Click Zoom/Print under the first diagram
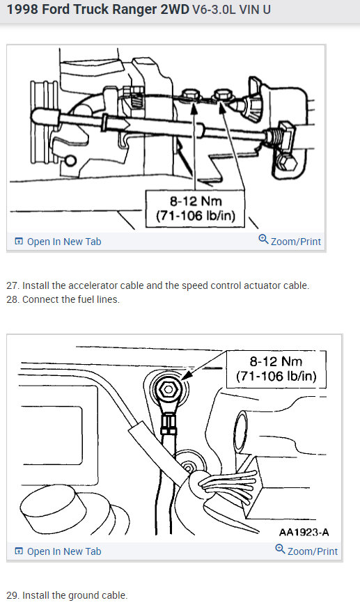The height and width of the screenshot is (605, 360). (295, 242)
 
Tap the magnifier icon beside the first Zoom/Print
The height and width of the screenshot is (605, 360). (263, 239)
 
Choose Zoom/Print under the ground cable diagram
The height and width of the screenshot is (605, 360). (312, 551)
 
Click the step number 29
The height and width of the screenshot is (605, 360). (12, 595)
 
